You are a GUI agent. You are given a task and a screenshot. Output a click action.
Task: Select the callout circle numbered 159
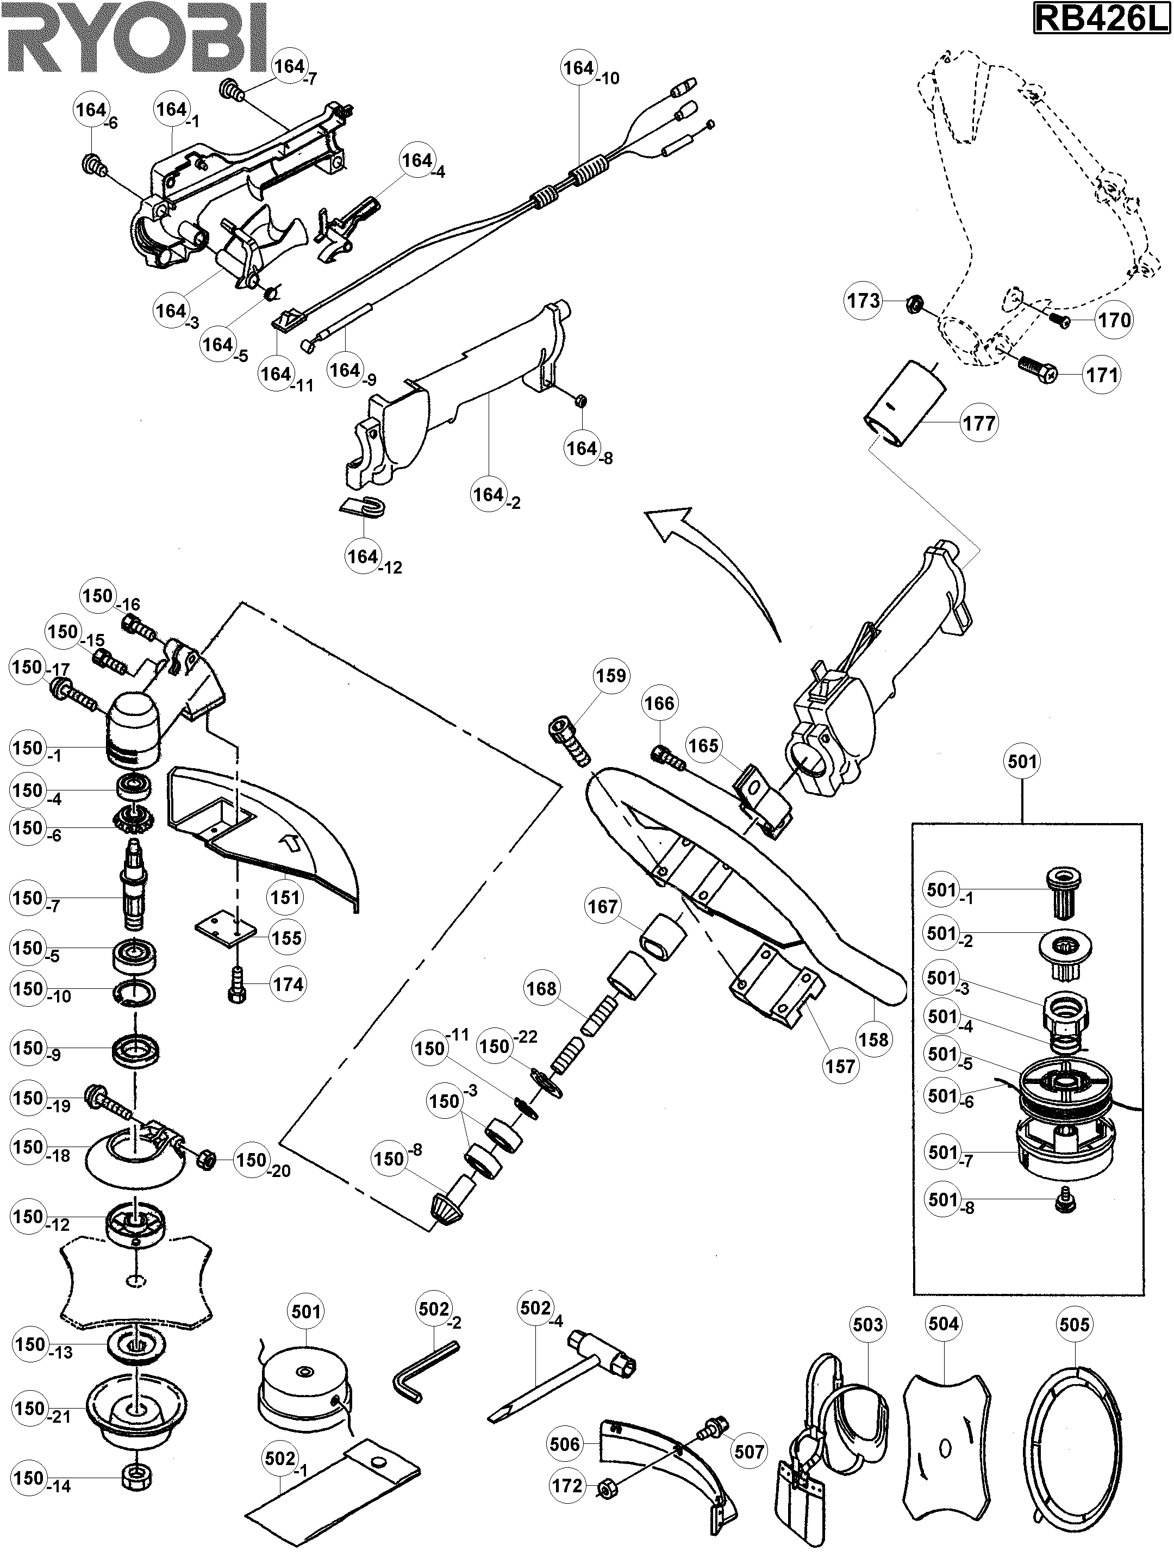611,676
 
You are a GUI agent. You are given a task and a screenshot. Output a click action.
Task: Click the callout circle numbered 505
1074,1325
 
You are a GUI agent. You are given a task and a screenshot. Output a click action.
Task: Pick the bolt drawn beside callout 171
1038,368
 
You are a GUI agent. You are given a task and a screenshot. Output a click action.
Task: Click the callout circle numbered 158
873,1039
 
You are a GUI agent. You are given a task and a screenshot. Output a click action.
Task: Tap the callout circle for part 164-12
363,556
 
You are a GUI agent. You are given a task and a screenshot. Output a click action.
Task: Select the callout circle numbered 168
541,989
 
